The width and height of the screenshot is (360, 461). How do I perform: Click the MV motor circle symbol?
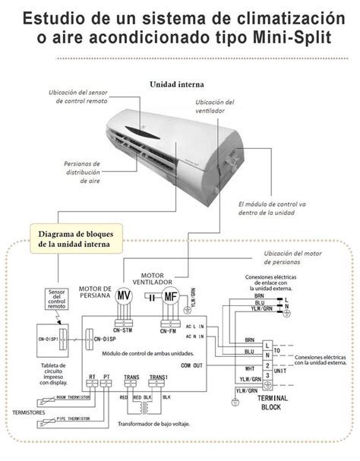click(x=123, y=295)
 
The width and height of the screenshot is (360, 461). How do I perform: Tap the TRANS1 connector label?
click(x=158, y=377)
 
